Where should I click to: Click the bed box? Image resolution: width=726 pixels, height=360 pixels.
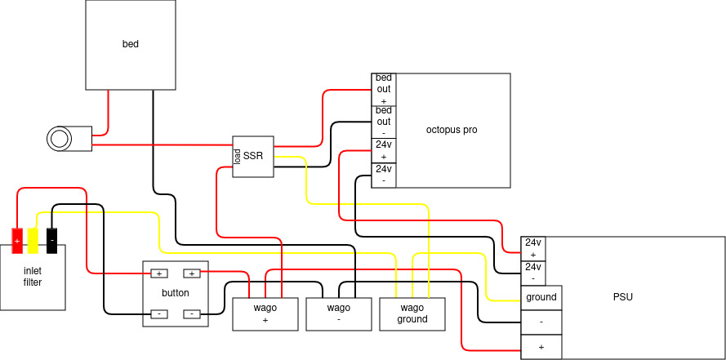coord(131,45)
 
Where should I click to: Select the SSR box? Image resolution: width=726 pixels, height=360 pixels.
coord(253,157)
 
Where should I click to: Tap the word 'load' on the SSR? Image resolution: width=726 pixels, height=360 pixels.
coord(237,157)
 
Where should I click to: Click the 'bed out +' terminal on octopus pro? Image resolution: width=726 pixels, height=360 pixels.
coord(384,89)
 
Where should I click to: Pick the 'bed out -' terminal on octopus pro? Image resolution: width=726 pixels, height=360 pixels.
coord(384,122)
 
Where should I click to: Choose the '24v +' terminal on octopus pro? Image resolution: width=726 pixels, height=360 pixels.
coord(384,151)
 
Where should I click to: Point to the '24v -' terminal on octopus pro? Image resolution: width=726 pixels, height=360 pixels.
coord(384,176)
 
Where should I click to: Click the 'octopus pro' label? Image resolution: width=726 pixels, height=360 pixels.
coord(452,130)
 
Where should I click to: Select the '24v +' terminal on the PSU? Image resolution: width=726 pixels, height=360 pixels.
coord(533,249)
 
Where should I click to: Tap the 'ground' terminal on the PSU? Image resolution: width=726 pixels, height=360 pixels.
coord(541,297)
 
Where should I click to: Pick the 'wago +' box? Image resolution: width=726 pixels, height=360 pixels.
coord(265,314)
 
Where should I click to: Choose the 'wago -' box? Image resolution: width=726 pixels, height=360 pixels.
coord(338,314)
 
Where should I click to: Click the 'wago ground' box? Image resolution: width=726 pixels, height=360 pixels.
coord(412,314)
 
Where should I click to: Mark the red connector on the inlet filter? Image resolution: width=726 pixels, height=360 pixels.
coord(17,241)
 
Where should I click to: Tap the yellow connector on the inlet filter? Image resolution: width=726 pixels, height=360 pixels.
coord(33,241)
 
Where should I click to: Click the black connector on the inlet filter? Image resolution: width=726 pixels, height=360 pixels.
coord(52,241)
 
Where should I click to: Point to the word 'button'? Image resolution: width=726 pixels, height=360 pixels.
coord(176,293)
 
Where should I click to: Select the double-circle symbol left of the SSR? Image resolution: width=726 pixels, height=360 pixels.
coord(60,138)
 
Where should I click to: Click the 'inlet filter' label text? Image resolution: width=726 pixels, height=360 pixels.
coord(33,277)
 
